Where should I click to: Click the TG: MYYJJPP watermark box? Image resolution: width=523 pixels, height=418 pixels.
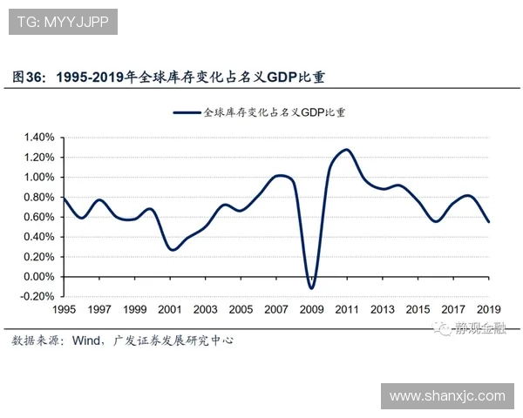[x=65, y=22]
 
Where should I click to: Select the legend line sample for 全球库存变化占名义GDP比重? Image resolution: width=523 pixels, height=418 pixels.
[x=187, y=111]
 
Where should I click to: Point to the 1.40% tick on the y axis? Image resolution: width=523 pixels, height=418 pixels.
[x=39, y=138]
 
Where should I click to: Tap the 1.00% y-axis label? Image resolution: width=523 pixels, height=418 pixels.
[x=39, y=177]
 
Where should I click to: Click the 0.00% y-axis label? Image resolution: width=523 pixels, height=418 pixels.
[x=39, y=276]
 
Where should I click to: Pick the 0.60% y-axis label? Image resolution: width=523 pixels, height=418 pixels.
[x=39, y=217]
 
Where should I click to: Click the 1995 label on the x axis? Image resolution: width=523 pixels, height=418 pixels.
[x=64, y=310]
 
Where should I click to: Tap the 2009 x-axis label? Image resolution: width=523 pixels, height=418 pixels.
[x=311, y=310]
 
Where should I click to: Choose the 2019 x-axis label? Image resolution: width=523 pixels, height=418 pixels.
[x=488, y=310]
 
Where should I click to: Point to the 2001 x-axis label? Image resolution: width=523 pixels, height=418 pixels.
[x=170, y=310]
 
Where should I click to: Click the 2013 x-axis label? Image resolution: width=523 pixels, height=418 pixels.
[x=382, y=310]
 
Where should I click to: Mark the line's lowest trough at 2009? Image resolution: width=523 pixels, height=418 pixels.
[x=311, y=288]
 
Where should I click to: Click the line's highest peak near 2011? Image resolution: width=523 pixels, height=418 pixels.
[x=346, y=150]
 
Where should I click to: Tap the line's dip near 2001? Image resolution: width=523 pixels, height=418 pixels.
[x=173, y=250]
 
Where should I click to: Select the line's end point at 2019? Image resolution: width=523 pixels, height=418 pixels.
[x=488, y=222]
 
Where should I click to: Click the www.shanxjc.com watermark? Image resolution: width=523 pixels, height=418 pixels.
[x=446, y=396]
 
